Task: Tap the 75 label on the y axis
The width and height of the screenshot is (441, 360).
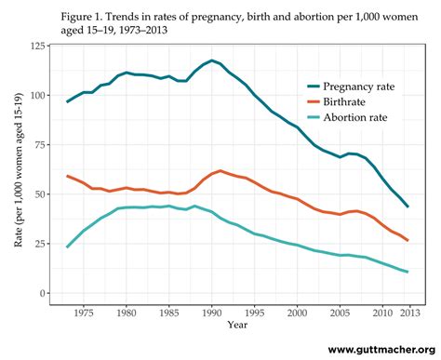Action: (x=47, y=144)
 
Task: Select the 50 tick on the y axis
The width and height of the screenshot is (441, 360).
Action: (x=47, y=193)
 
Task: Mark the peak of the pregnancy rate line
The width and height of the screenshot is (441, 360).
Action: (x=213, y=60)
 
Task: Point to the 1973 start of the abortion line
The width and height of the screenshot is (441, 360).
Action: (x=68, y=247)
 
